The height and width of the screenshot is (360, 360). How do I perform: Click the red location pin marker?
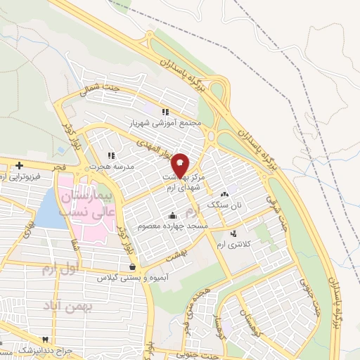pyautogui.click(x=181, y=164)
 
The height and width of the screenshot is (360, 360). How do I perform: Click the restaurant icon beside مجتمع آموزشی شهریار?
pyautogui.click(x=166, y=111)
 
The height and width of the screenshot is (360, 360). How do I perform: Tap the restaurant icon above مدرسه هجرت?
pyautogui.click(x=110, y=155)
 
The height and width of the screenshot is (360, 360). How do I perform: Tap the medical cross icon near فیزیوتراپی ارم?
pyautogui.click(x=20, y=166)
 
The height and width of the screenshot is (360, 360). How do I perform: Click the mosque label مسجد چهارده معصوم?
pyautogui.click(x=171, y=226)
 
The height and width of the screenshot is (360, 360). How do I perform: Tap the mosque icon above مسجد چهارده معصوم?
pyautogui.click(x=173, y=215)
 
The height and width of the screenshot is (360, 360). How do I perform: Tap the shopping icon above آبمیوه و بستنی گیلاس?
pyautogui.click(x=134, y=266)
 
